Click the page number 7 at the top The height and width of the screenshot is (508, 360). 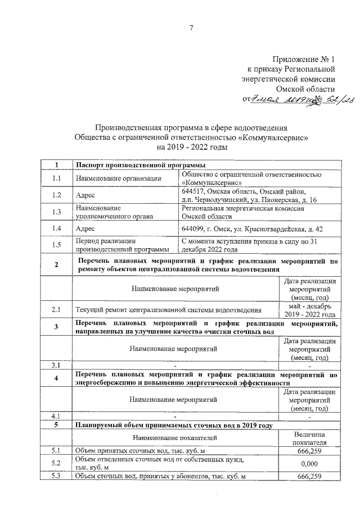pos(191,29)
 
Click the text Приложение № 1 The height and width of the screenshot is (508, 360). pos(303,59)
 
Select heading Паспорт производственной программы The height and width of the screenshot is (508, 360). pos(140,165)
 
